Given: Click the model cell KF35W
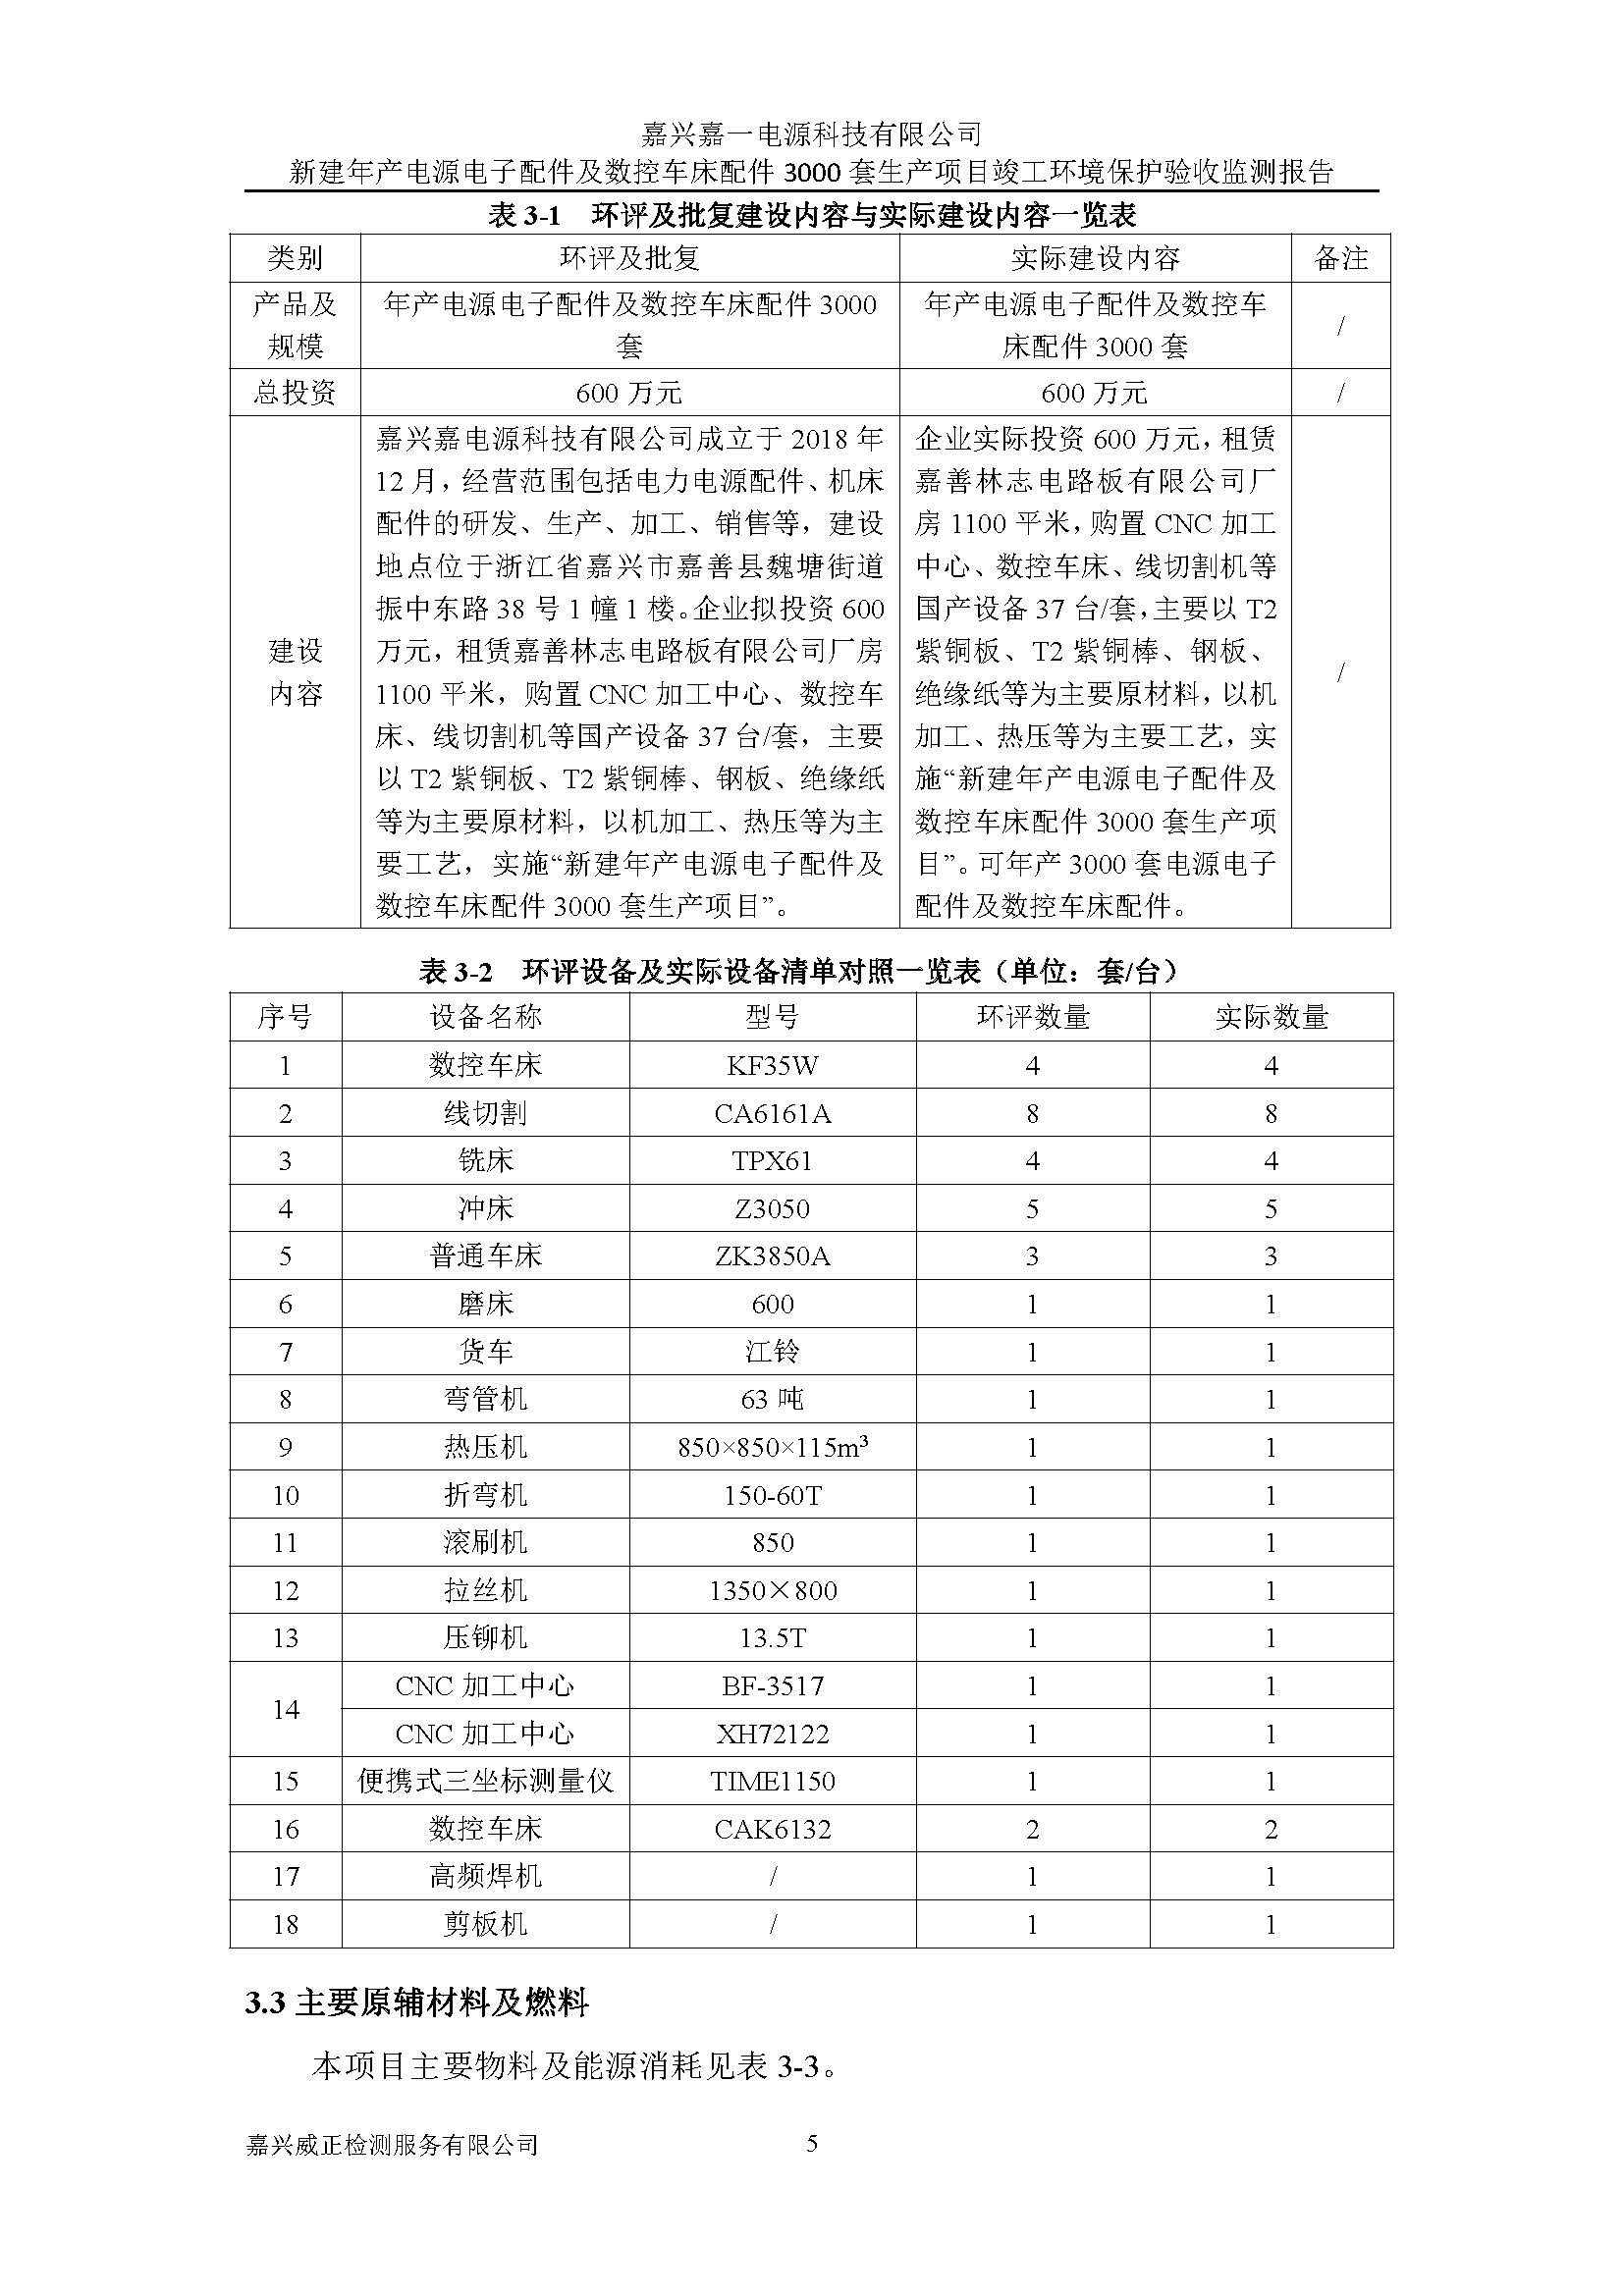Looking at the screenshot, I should pyautogui.click(x=772, y=1065).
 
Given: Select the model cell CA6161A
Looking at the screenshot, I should pyautogui.click(x=772, y=1113).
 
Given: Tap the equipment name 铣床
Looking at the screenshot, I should pyautogui.click(x=485, y=1161).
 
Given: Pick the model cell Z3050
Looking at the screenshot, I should pyautogui.click(x=772, y=1209).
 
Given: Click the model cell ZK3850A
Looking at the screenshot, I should pyautogui.click(x=772, y=1256).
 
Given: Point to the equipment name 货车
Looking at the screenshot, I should pyautogui.click(x=485, y=1352).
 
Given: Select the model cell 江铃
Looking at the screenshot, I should pyautogui.click(x=772, y=1352).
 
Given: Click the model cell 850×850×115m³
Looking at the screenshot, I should pyautogui.click(x=772, y=1447).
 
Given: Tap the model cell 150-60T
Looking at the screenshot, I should pyautogui.click(x=772, y=1495).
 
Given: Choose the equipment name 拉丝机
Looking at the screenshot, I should pyautogui.click(x=485, y=1590).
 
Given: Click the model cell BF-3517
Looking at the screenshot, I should pyautogui.click(x=772, y=1686).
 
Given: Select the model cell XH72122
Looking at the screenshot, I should pyautogui.click(x=772, y=1734).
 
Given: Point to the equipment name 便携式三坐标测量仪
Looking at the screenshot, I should pyautogui.click(x=485, y=1781).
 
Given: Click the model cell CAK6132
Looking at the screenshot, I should pyautogui.click(x=772, y=1829).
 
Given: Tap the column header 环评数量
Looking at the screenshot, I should pyautogui.click(x=1032, y=1017).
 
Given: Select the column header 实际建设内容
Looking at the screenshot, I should pyautogui.click(x=1095, y=259).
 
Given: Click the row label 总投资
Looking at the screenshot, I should pyautogui.click(x=295, y=392).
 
